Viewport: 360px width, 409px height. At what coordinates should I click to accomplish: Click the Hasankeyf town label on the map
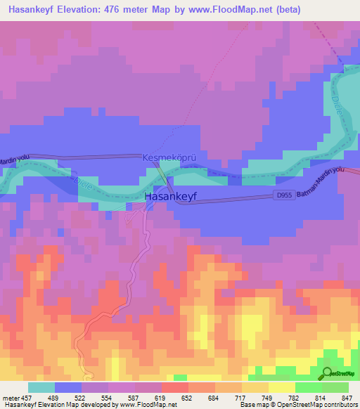click(x=171, y=197)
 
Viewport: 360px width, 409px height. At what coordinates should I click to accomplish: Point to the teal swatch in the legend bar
click(x=41, y=387)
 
